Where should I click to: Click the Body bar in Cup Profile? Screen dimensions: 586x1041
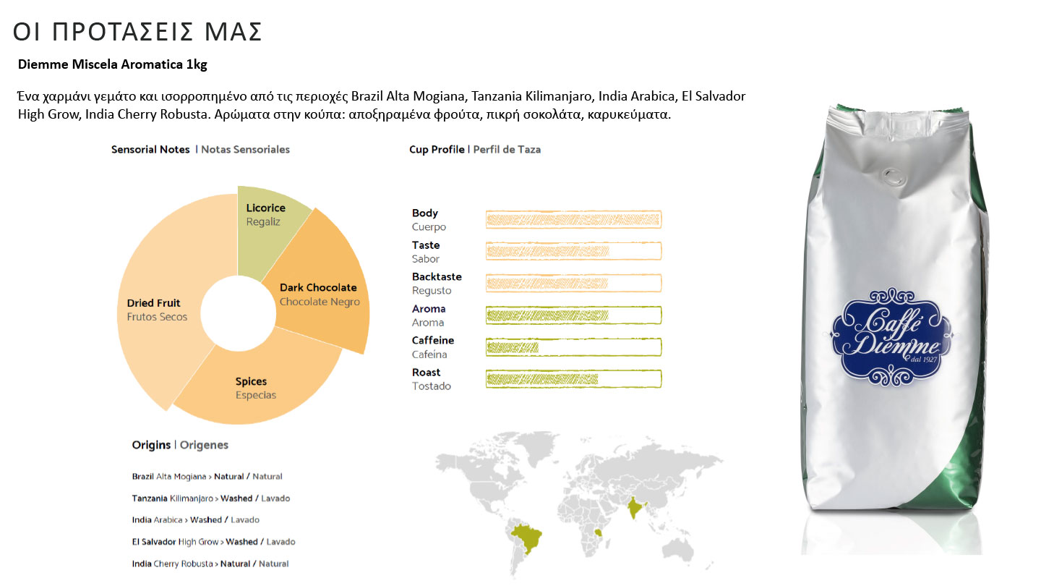pos(573,219)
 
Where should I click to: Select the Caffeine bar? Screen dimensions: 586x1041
pos(573,347)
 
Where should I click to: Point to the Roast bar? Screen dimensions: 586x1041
pos(573,378)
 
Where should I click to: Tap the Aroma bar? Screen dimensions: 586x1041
pos(573,315)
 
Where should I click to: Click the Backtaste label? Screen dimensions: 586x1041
pos(437,277)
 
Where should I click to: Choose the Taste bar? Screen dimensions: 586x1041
pos(573,251)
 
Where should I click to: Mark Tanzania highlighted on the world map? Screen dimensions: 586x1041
pos(599,532)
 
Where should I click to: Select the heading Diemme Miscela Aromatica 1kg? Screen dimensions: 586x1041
pos(112,65)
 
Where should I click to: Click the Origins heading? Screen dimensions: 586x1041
pos(151,445)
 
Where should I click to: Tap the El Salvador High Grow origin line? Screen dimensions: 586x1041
pos(213,542)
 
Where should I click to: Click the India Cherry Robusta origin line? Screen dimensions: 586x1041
pos(210,564)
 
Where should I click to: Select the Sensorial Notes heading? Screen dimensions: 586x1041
pos(150,150)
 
